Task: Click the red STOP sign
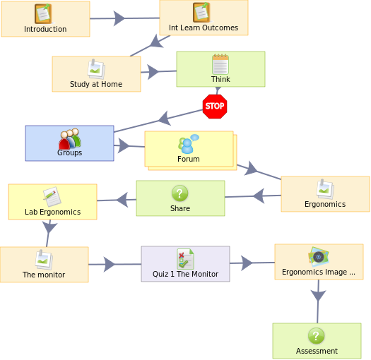[215, 107]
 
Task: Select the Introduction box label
[45, 29]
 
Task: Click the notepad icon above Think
[220, 64]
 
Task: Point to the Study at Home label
[96, 84]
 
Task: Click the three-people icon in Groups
[70, 139]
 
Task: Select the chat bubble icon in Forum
[189, 144]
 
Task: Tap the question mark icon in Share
[179, 193]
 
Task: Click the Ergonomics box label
[325, 204]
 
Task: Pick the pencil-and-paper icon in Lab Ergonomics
[52, 197]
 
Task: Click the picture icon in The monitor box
[44, 260]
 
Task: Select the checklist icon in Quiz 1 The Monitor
[185, 259]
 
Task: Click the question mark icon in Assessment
[317, 336]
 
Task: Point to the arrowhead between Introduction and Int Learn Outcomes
[119, 18]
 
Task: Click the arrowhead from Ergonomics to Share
[259, 196]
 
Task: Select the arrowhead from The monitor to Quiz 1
[110, 264]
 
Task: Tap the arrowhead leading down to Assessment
[318, 296]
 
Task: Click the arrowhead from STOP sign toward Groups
[165, 118]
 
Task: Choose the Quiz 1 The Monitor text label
[185, 274]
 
